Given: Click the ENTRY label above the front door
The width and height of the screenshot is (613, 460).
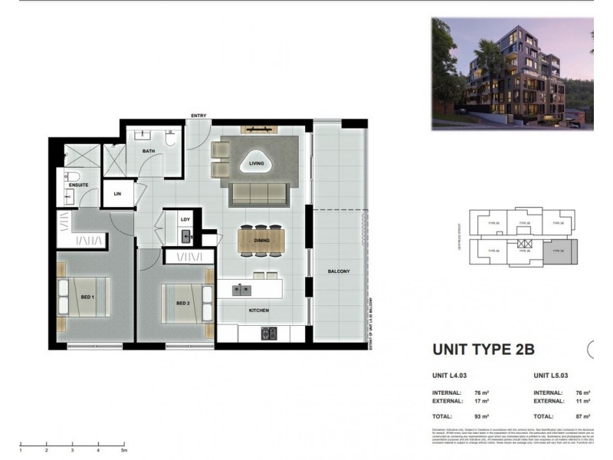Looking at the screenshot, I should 198,116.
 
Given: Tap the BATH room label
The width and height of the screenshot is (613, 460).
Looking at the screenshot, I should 149,151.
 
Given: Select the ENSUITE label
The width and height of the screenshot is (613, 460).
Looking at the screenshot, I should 78,185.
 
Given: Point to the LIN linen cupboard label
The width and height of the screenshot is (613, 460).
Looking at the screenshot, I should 117,195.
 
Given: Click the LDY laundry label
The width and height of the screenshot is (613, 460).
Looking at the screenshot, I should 185,219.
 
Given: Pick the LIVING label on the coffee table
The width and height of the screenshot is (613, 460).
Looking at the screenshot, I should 256,163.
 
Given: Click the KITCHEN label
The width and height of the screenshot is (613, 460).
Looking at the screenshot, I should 257,310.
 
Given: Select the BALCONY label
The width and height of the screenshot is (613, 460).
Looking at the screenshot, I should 338,271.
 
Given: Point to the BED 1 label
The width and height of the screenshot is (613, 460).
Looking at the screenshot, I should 87,297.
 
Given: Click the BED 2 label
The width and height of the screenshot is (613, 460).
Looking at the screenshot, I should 182,303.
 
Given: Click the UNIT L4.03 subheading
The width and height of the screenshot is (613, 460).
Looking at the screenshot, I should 451,376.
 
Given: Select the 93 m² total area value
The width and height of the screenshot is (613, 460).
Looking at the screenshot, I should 481,416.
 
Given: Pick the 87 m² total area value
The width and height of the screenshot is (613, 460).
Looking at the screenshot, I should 582,416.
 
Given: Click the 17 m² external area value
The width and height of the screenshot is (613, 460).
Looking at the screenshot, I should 481,401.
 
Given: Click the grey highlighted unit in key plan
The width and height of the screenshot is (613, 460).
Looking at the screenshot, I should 557,251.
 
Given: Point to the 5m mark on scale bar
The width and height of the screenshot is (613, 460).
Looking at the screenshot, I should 123,451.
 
